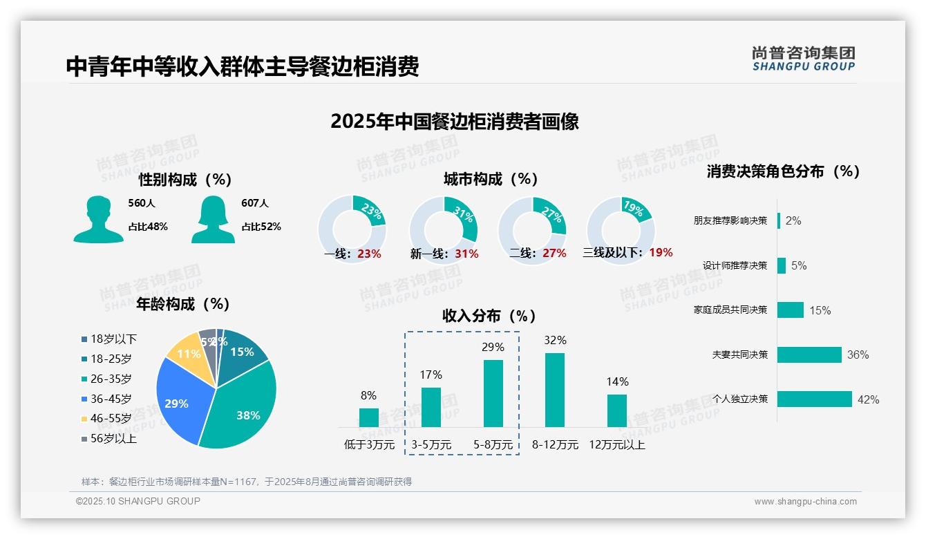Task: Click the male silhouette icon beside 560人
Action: [98, 220]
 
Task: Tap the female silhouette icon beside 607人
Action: [213, 220]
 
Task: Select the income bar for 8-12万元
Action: [555, 390]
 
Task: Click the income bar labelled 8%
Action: [369, 417]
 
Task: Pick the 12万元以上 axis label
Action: [617, 445]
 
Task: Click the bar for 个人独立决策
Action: [815, 399]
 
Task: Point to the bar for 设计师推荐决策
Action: [782, 265]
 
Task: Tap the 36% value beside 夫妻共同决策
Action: [858, 355]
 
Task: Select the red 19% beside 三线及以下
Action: [661, 253]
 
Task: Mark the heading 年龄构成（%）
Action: [183, 304]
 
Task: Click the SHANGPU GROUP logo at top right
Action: [804, 59]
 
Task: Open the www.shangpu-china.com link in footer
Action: [805, 502]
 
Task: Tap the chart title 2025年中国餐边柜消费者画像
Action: [455, 122]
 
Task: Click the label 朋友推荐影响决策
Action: [730, 221]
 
